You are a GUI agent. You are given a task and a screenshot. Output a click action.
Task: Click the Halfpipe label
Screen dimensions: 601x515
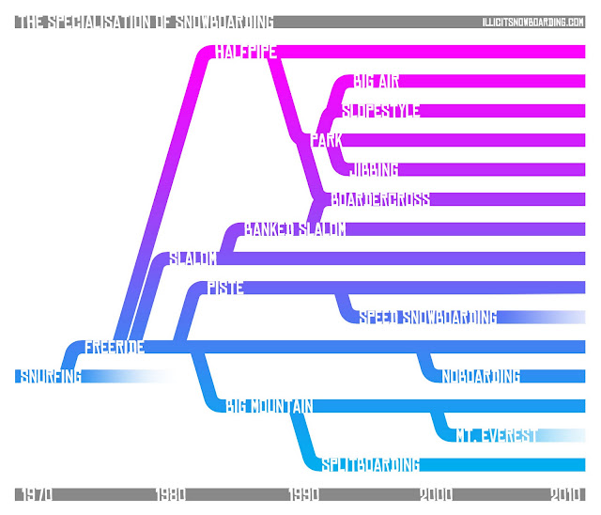(245, 53)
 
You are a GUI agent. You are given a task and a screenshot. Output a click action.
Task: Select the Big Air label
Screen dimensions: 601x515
(378, 82)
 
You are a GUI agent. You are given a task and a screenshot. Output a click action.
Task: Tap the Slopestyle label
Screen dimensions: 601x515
(381, 111)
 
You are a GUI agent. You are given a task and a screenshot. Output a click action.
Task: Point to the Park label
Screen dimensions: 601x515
(326, 141)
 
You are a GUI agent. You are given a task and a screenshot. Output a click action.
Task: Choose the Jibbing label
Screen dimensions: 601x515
(374, 170)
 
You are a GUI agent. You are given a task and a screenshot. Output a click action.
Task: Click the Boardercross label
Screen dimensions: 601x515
(380, 199)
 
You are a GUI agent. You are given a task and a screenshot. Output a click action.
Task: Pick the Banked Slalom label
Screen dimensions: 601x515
(295, 229)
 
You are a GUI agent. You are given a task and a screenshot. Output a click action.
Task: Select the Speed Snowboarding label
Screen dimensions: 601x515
(427, 318)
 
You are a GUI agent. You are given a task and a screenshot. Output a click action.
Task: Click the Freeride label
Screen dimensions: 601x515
(115, 347)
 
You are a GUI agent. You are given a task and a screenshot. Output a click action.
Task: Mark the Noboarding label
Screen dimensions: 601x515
(481, 377)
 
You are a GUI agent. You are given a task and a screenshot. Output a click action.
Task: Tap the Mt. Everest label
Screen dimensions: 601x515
(497, 435)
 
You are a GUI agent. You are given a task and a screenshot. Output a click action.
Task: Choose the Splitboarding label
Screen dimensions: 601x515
(370, 464)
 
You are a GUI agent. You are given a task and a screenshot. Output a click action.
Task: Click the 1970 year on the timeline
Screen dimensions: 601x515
(33, 494)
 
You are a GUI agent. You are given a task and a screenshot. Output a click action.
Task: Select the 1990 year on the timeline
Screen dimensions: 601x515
(305, 494)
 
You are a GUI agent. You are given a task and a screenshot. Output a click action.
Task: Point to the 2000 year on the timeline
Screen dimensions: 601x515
(437, 494)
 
